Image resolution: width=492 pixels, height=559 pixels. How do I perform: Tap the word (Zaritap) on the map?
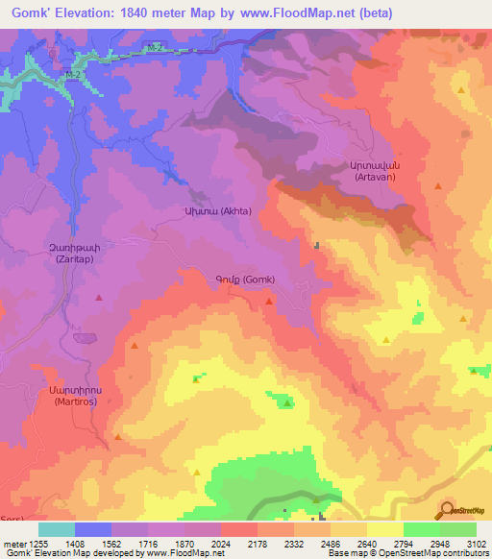[68, 260]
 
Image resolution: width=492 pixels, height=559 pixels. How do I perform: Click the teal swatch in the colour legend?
[57, 529]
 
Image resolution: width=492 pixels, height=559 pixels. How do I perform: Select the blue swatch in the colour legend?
[93, 529]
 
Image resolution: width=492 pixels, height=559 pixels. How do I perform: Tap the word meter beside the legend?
[13, 544]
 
